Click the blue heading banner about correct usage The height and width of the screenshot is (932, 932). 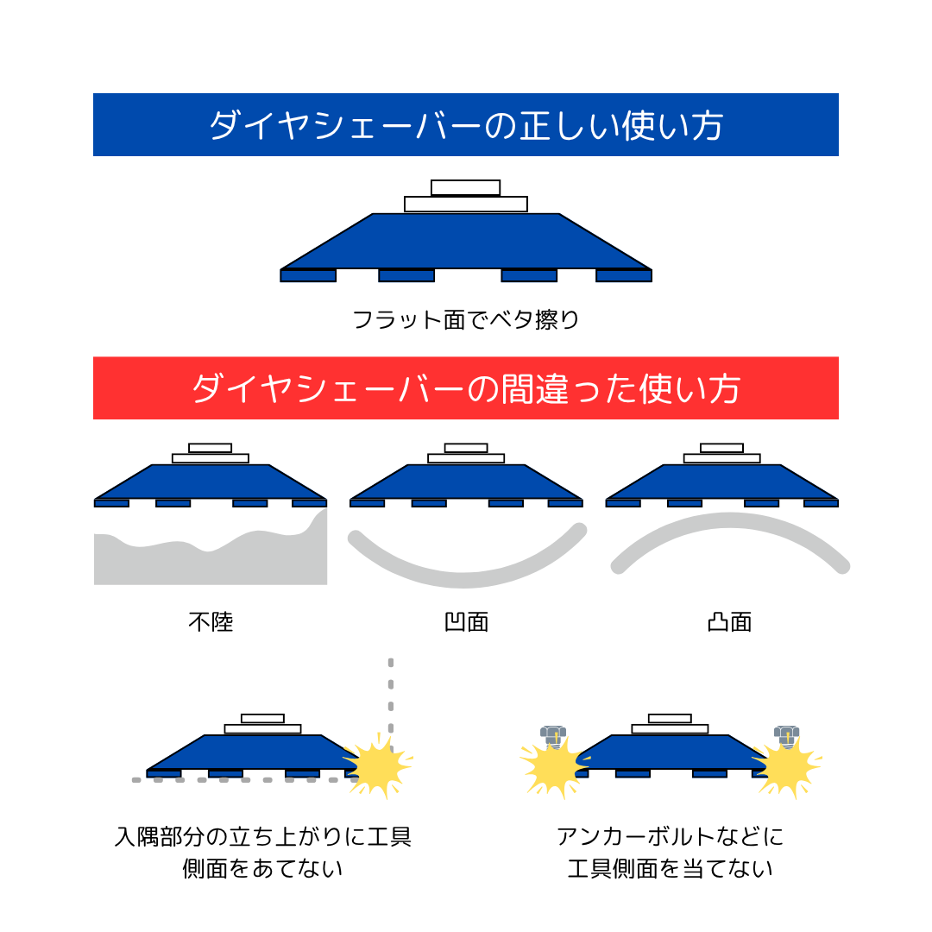click(466, 125)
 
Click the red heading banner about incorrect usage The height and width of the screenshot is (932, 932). click(466, 388)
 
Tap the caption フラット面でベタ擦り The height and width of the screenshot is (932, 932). click(466, 320)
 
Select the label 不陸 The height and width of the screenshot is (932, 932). click(211, 621)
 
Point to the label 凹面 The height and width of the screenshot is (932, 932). click(466, 621)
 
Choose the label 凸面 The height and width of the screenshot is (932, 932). click(729, 621)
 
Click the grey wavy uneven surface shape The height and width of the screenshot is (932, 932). click(211, 561)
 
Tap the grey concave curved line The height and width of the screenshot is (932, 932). click(466, 572)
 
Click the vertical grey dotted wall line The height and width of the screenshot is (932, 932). click(391, 690)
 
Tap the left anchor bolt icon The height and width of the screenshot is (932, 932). click(552, 736)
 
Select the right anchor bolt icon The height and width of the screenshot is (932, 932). click(786, 736)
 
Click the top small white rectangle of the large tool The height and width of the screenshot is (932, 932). click(465, 187)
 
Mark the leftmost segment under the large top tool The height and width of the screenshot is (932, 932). click(308, 276)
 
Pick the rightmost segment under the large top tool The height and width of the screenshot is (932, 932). click(623, 276)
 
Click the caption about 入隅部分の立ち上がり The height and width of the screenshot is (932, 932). click(262, 853)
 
